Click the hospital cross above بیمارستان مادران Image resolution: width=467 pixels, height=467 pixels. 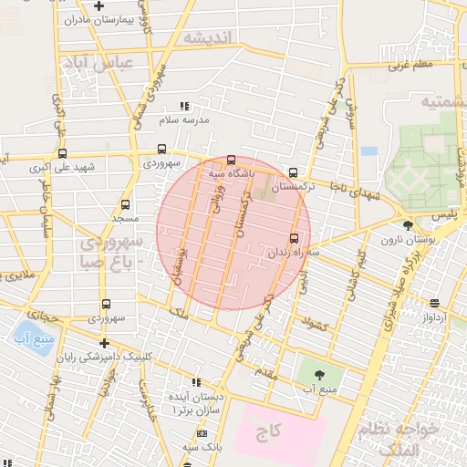coord(99,6)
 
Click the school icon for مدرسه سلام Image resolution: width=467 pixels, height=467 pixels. coord(184,106)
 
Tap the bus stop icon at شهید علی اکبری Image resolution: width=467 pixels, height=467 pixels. coord(63,154)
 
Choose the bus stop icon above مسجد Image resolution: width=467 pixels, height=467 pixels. coord(125,204)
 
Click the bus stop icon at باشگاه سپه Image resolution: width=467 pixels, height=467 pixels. coord(231,160)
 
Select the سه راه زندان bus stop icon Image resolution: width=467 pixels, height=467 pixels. coord(294,237)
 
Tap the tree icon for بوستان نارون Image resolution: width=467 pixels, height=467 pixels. coord(407,225)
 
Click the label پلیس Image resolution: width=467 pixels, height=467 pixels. coord(442,213)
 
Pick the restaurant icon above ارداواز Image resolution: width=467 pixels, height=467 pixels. coord(434,304)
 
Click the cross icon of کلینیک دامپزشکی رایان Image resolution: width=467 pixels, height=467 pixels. coord(105,344)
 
